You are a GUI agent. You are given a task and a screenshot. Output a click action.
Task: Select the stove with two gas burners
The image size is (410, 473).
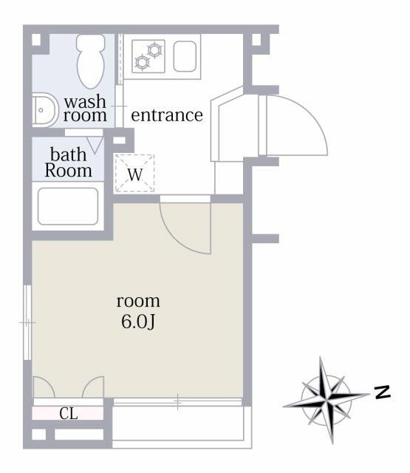coord(149,56)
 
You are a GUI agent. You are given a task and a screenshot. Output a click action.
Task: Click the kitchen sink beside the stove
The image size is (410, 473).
coord(185,56)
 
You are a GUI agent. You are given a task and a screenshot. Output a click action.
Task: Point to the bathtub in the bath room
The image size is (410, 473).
coord(68,206)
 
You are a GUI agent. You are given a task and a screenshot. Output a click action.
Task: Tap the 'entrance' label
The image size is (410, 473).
coord(166,115)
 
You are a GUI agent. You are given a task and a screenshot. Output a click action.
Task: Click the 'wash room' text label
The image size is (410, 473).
coord(85,109)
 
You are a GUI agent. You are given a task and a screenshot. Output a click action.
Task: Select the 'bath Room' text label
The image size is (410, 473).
coord(69,163)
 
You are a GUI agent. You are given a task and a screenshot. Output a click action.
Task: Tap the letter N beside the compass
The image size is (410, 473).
coord(382,392)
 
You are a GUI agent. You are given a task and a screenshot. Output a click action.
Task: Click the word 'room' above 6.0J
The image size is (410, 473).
coord(138,301)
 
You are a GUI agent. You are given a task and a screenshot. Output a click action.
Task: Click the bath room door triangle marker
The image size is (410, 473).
coord(95,143)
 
